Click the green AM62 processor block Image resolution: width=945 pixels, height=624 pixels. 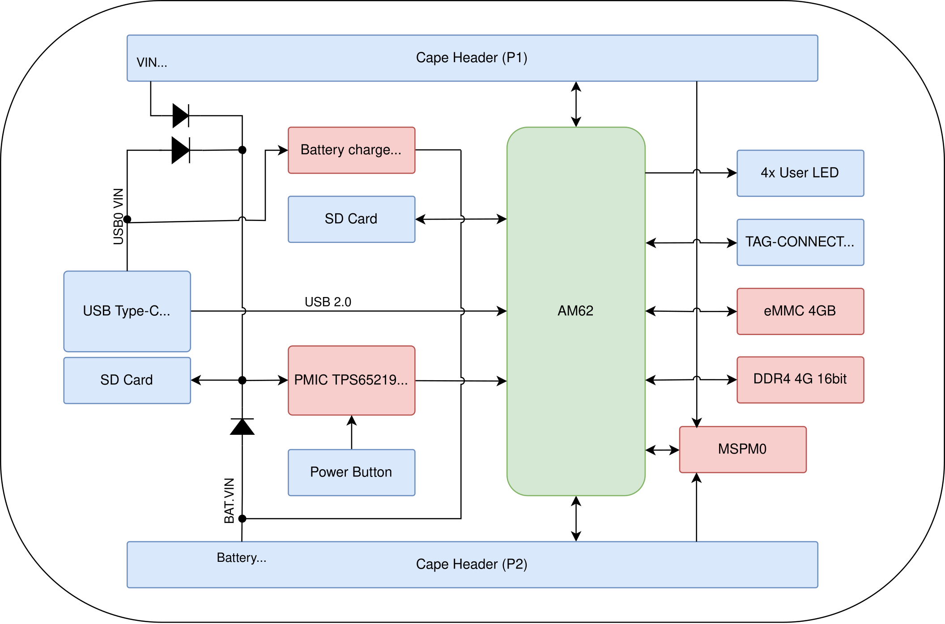point(575,311)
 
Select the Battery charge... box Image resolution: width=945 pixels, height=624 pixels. point(351,150)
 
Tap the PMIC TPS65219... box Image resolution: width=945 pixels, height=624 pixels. point(351,380)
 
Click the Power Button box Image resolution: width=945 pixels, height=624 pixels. point(351,472)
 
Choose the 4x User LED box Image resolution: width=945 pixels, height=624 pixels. point(800,173)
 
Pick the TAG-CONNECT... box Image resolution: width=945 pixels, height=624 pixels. point(800,242)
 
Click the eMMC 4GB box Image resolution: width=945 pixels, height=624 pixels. point(800,311)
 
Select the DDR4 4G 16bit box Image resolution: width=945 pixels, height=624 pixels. point(800,379)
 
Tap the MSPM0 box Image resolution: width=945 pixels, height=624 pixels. point(742,449)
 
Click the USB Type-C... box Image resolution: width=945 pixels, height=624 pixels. point(127,311)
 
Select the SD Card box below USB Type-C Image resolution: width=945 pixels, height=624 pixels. point(127,380)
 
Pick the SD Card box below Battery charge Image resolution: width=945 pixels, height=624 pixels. point(351,219)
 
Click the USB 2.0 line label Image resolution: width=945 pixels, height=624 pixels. point(328,302)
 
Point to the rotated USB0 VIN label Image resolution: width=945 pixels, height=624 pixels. point(118,216)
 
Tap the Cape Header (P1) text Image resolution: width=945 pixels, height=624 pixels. point(472,58)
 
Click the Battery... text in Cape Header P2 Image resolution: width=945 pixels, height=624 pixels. point(242,558)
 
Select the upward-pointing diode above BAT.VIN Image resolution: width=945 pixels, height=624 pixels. point(242,427)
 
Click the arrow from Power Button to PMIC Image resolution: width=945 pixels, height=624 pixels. point(352,432)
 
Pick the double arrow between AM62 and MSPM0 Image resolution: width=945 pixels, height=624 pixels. point(662,450)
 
